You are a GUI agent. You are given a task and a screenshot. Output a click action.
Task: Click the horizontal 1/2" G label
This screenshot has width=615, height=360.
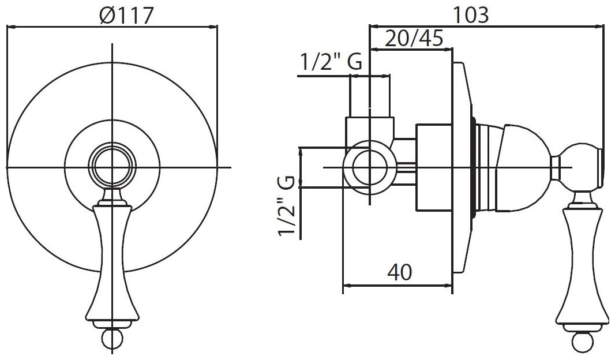point(330,62)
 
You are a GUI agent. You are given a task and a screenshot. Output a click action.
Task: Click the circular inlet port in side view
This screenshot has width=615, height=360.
point(367,167)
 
